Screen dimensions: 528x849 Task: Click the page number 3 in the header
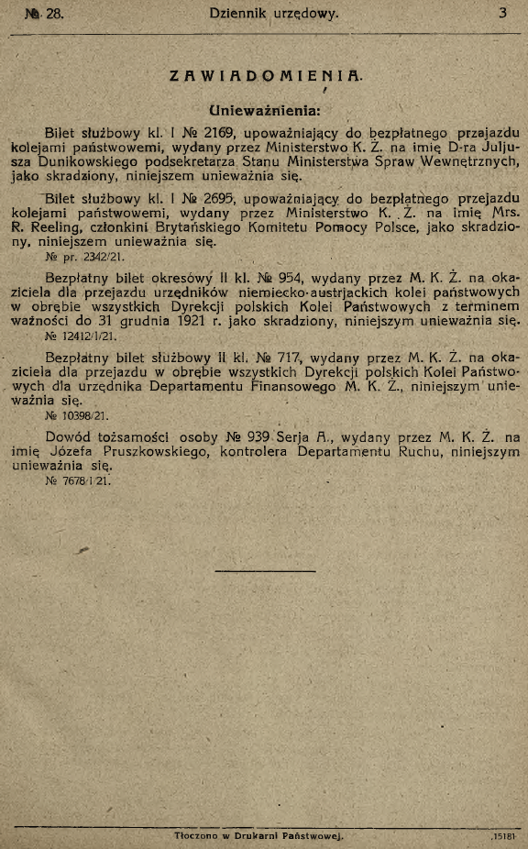(503, 14)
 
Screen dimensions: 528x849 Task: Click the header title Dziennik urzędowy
(273, 14)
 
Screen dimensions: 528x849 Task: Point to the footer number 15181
(501, 836)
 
